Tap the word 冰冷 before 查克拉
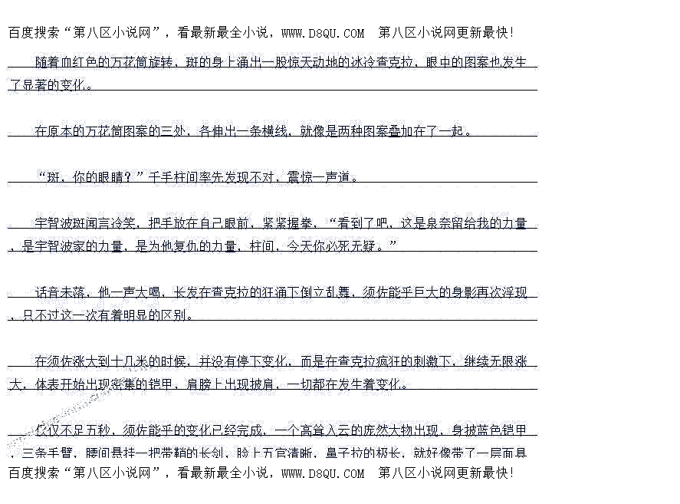click(x=349, y=62)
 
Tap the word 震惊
click(x=300, y=177)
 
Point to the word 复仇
click(x=187, y=246)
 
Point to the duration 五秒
click(x=100, y=430)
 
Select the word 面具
click(x=514, y=452)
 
